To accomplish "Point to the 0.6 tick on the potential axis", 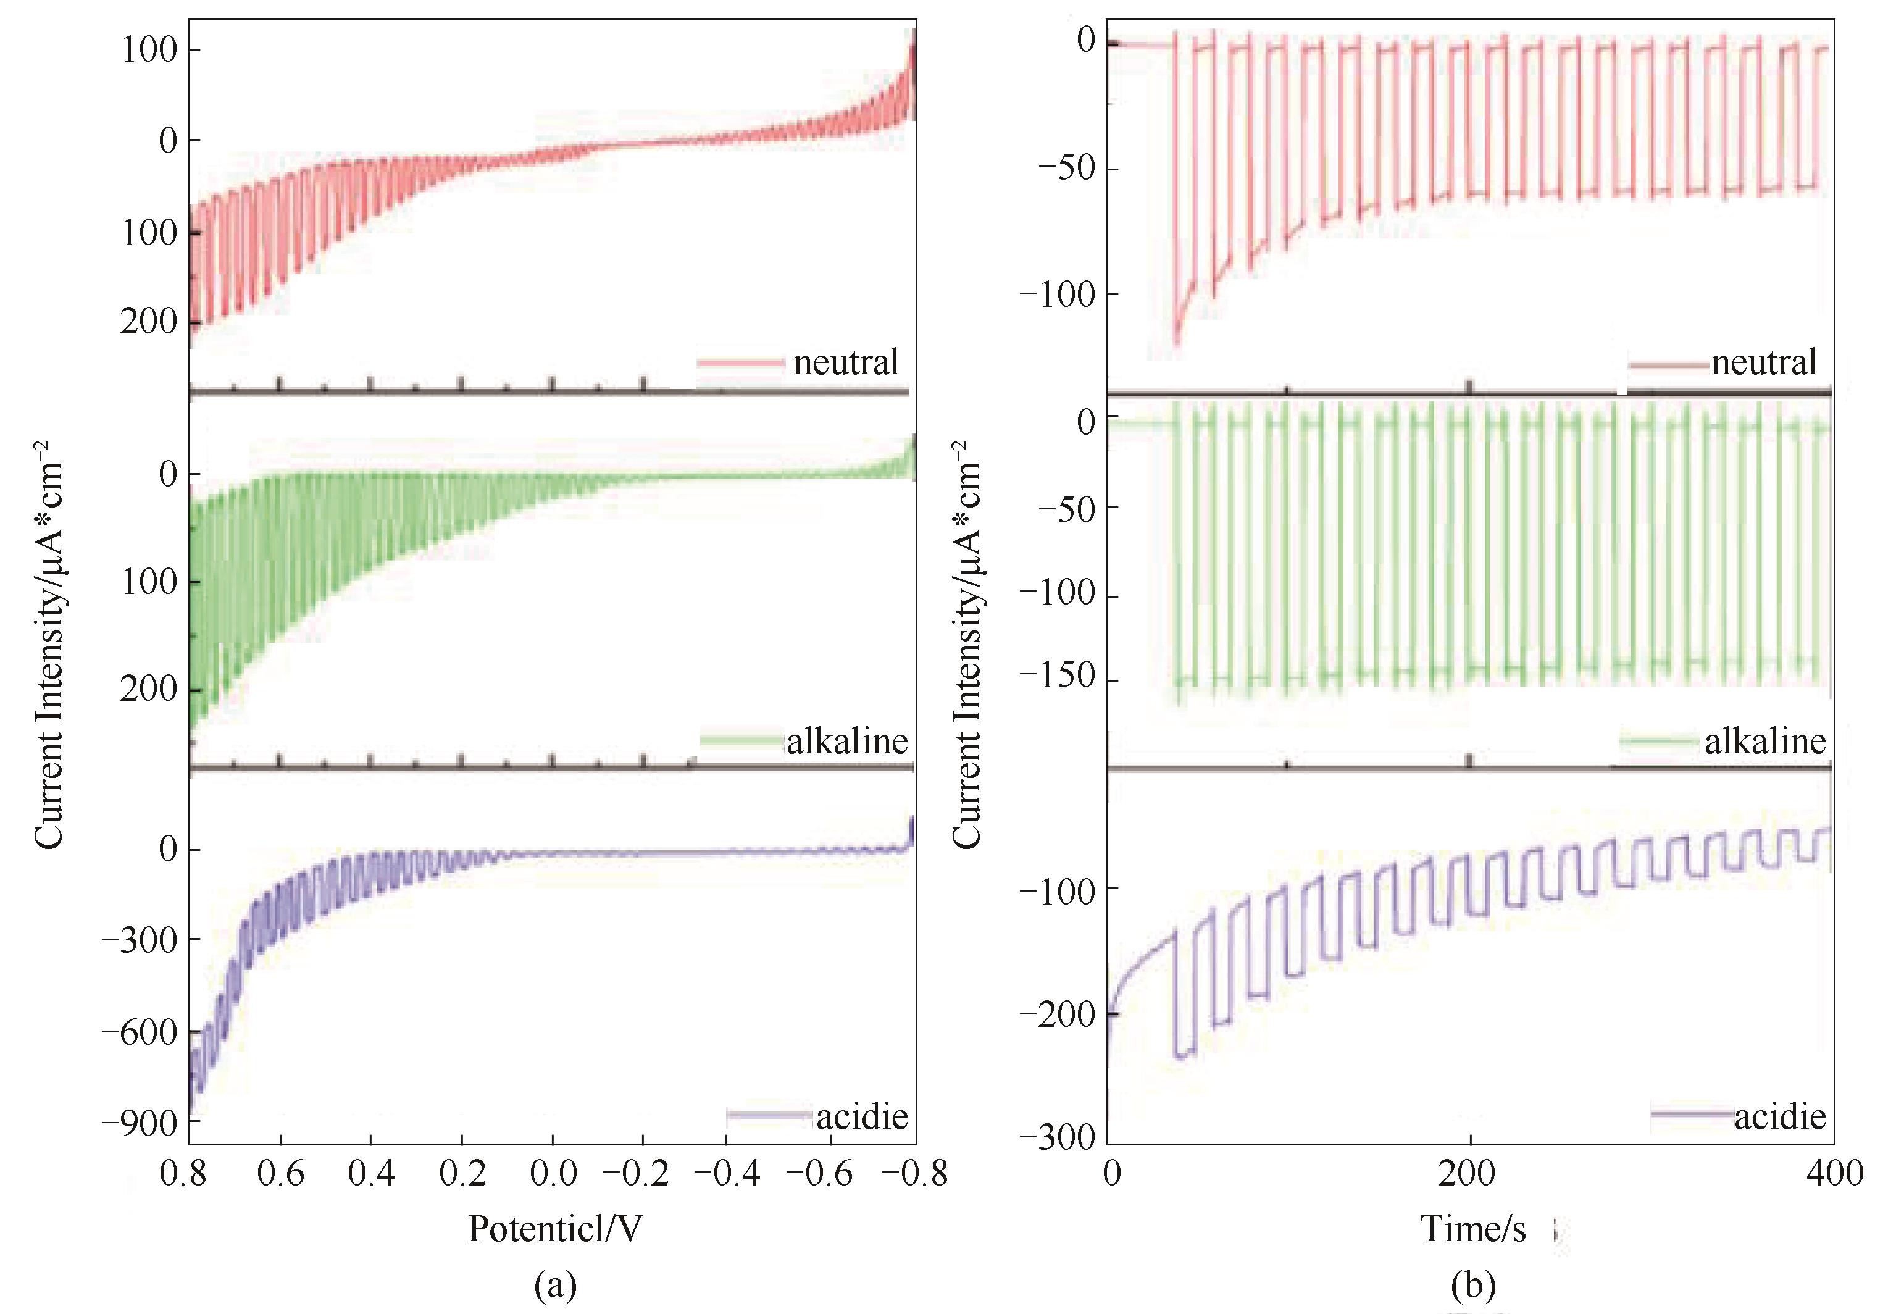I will click(281, 1173).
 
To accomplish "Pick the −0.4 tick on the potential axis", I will click(727, 1173).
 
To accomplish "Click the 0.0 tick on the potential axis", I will click(553, 1173).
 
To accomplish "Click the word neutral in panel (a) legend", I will click(845, 362).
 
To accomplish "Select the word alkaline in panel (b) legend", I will click(1765, 742).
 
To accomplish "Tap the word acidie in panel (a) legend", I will click(862, 1116).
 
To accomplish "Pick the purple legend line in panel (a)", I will click(770, 1116).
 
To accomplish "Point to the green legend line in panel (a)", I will click(741, 741).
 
